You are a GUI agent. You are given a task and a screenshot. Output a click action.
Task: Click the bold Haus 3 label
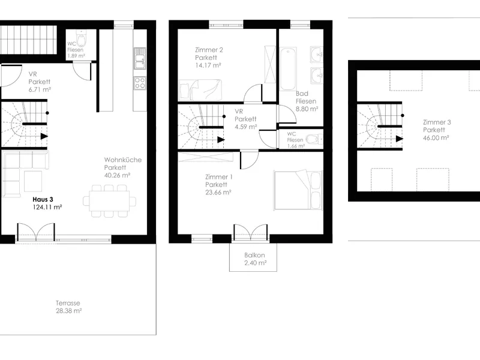tap(43, 200)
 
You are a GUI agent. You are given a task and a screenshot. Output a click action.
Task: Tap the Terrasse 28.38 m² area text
tap(68, 307)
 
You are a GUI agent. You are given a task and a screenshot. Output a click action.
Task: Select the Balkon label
tap(254, 255)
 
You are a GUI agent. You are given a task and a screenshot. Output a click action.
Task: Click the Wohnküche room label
tap(123, 160)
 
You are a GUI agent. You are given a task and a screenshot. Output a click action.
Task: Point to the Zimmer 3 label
tap(437, 122)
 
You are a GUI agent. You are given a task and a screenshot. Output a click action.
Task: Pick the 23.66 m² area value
tap(218, 192)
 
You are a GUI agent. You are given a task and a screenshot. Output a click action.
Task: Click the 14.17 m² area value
tap(208, 65)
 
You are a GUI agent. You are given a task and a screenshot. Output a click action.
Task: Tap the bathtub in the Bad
tap(288, 68)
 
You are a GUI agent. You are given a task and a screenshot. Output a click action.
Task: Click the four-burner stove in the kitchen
tap(140, 83)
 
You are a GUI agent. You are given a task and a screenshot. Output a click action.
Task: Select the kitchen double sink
tap(140, 58)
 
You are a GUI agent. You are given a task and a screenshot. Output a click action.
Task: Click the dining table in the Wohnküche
tap(109, 201)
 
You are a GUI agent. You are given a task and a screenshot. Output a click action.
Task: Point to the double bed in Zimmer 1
tap(298, 190)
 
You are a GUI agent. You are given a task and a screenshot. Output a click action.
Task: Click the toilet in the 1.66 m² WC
tap(313, 139)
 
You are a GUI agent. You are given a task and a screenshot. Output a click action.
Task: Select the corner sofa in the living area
tap(25, 173)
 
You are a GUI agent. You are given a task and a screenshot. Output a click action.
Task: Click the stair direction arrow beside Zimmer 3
tap(400, 139)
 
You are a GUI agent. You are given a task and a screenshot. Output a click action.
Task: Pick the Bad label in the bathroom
tap(302, 94)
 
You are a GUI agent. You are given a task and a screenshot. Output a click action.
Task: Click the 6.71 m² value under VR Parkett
tap(40, 89)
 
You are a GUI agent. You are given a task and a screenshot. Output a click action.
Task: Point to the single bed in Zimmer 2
tap(200, 90)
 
